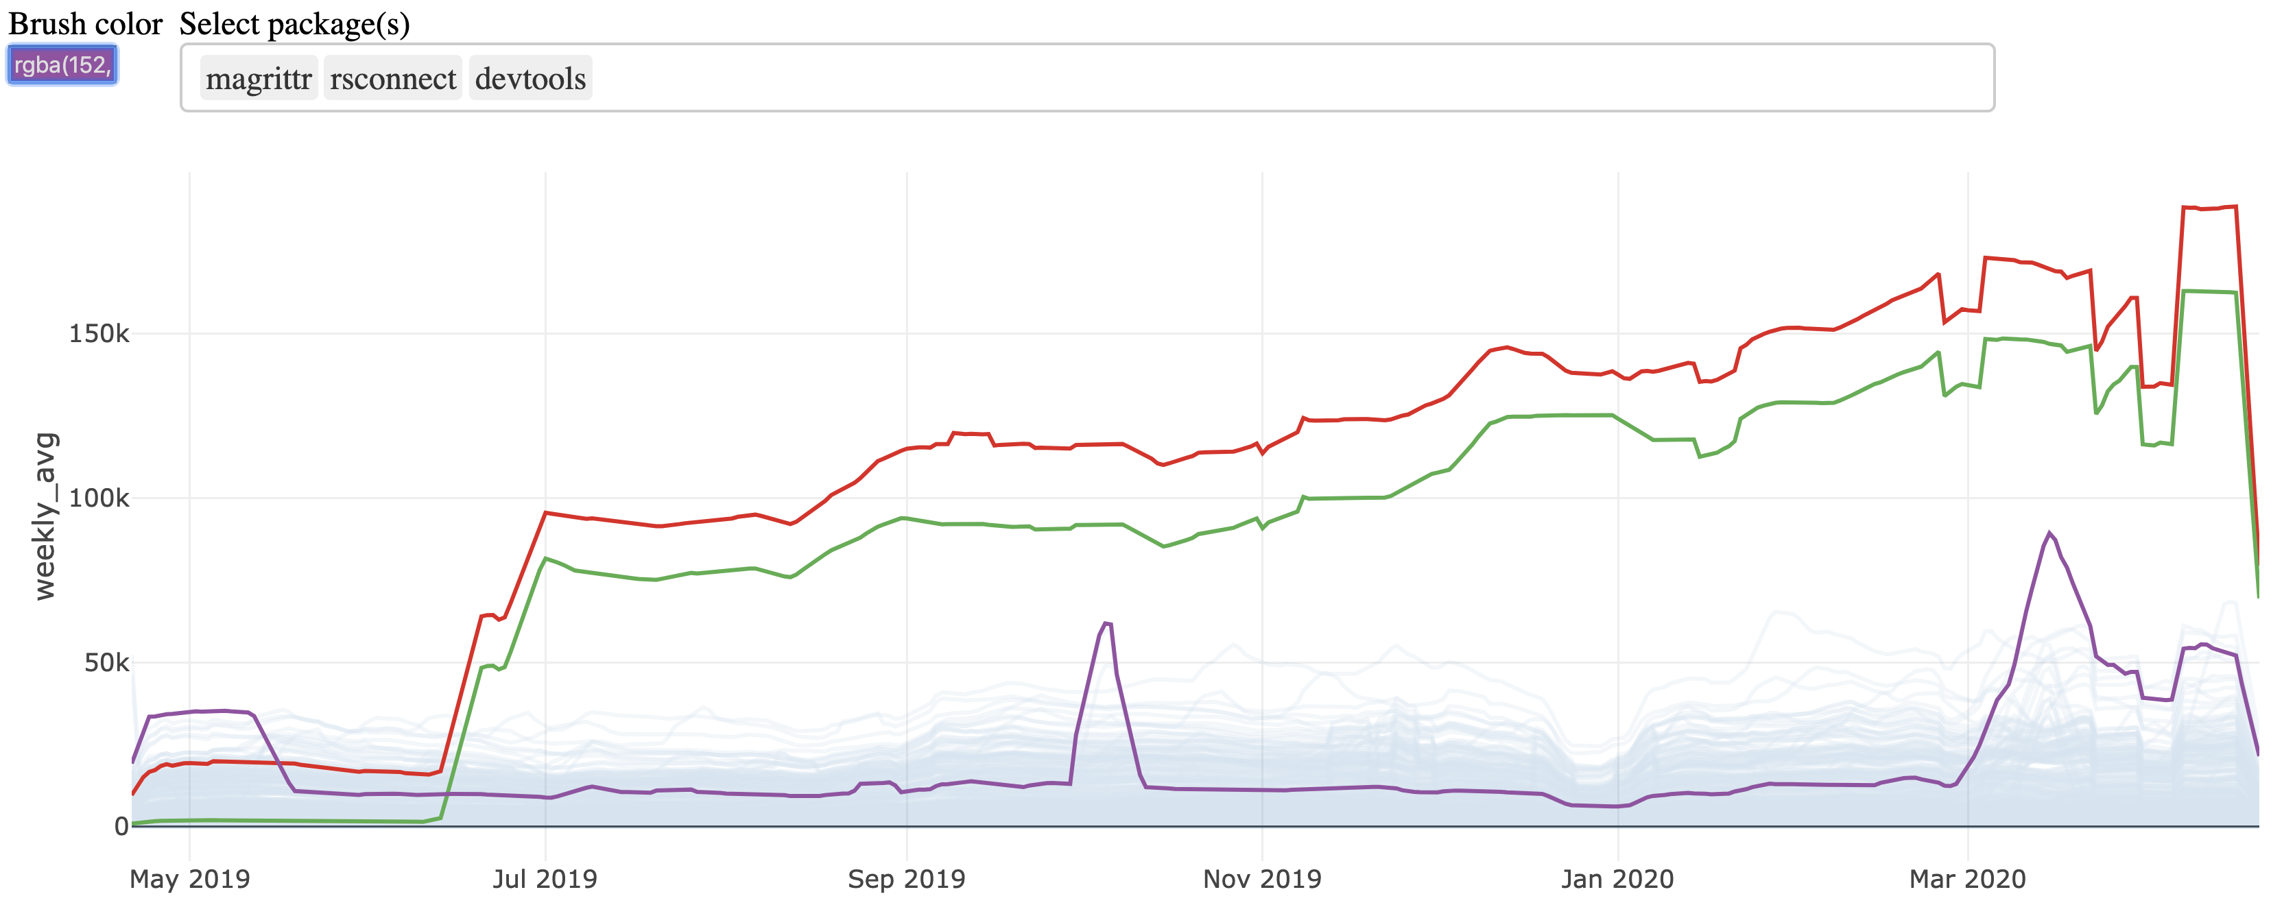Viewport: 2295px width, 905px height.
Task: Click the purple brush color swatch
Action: pos(62,65)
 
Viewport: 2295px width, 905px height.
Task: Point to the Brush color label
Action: pos(86,24)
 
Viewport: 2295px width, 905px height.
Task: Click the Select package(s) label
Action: pos(294,24)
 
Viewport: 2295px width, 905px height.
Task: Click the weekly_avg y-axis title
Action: pos(45,517)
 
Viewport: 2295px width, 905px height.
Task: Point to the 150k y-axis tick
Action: pos(99,334)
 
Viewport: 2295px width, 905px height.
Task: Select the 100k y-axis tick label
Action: pos(99,498)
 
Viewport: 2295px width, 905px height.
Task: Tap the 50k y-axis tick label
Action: pos(107,663)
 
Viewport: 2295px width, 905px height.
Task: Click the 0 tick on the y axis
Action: pos(121,827)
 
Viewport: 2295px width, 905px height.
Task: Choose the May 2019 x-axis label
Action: pos(190,879)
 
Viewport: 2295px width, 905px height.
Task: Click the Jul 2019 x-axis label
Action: pos(545,879)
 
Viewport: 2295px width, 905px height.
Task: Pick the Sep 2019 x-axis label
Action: pos(906,879)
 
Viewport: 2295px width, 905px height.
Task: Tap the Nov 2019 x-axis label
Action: pos(1261,879)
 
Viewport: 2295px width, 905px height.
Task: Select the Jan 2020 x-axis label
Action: pos(1617,879)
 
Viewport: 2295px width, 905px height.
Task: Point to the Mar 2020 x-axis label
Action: pos(1967,879)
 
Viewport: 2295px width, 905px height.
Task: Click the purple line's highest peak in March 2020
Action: pos(2049,533)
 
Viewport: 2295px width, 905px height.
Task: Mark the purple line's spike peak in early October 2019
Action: pos(1106,623)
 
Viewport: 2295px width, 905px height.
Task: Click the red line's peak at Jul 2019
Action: pos(545,513)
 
